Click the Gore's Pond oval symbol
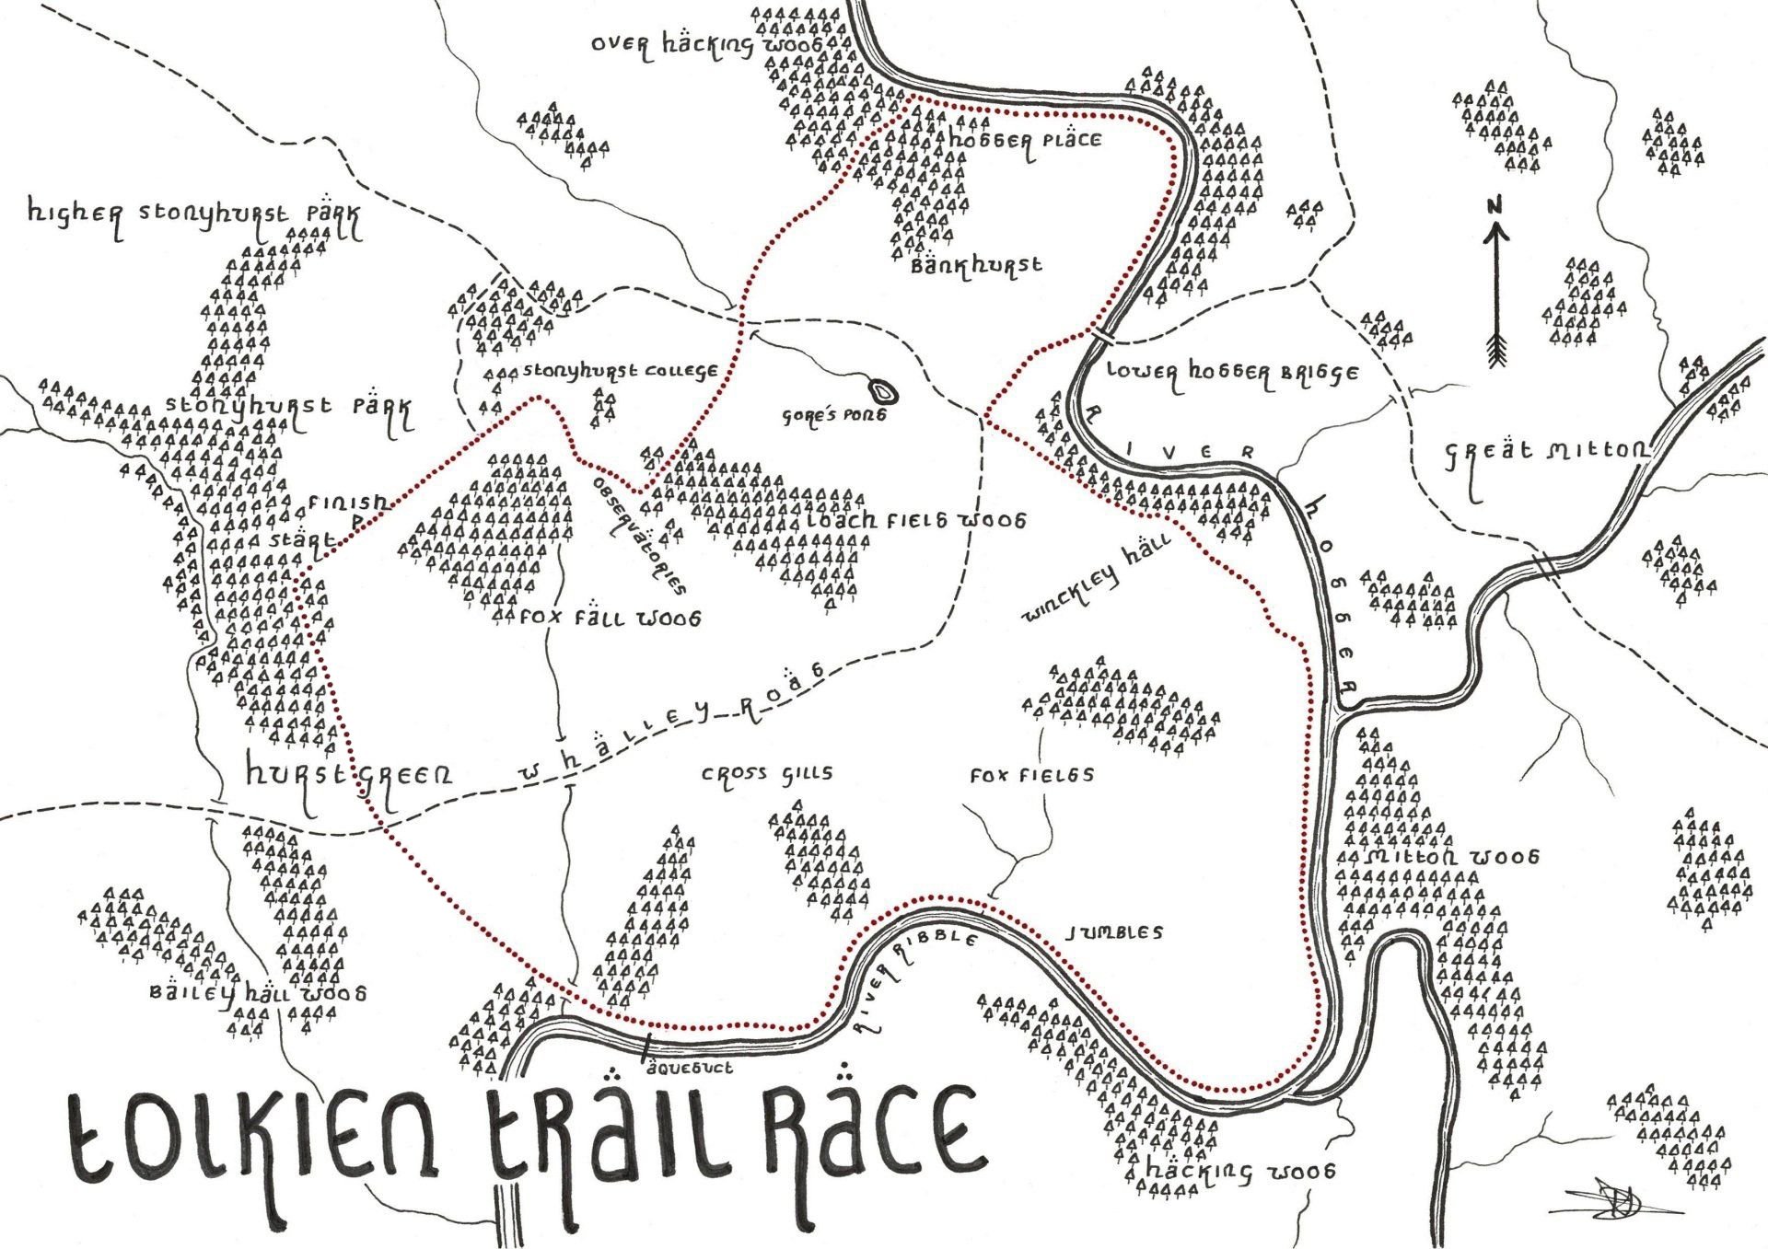tap(885, 393)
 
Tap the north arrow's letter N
tap(1495, 204)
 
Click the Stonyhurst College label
tap(620, 371)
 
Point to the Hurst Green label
tap(349, 776)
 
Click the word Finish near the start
tap(348, 503)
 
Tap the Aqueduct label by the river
tap(690, 1068)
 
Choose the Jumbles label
tap(1113, 932)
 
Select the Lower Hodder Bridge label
tap(1232, 373)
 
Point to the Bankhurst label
tap(976, 265)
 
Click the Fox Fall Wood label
tap(610, 618)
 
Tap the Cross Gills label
tap(767, 773)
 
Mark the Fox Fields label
tap(1031, 775)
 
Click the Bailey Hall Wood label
tap(258, 993)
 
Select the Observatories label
tap(639, 535)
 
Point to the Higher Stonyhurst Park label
tap(194, 214)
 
